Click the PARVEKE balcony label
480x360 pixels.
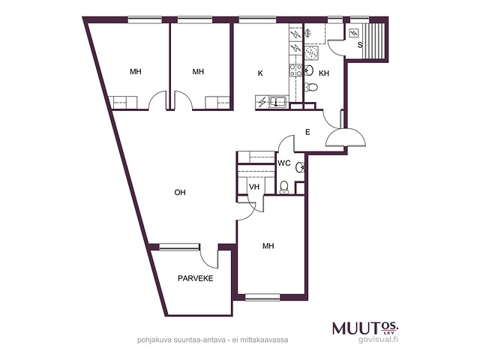click(x=195, y=278)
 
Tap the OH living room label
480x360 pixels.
click(x=180, y=192)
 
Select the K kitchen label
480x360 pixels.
click(x=260, y=73)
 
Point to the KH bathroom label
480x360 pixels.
click(x=324, y=73)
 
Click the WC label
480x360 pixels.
click(x=284, y=163)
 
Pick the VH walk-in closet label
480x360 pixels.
click(x=254, y=187)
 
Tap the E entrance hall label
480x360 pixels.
click(x=308, y=132)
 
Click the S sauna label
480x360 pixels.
click(x=360, y=45)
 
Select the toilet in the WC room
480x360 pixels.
click(x=284, y=187)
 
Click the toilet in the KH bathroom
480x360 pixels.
click(x=311, y=87)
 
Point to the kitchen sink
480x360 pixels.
click(x=278, y=101)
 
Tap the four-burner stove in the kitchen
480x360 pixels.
click(x=295, y=70)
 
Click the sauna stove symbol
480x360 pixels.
click(x=355, y=32)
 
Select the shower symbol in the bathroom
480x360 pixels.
click(x=311, y=53)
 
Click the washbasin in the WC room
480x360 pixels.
click(x=300, y=167)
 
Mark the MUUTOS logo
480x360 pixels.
click(x=365, y=328)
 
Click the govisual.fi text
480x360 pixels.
click(x=378, y=339)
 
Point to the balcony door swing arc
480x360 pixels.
click(x=206, y=259)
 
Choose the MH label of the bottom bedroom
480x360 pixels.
click(x=268, y=246)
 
